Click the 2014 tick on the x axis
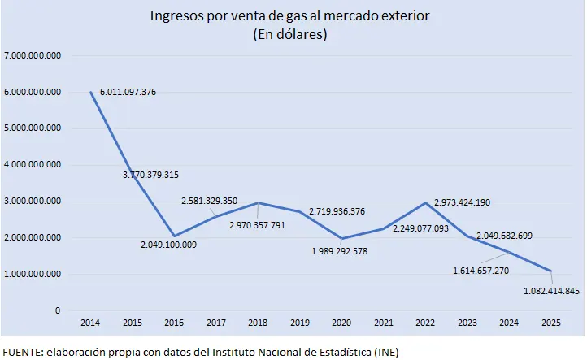point(89,323)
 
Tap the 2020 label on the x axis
point(341,323)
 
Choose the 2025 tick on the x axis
point(550,323)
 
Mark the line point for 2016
point(173,236)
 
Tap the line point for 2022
point(424,202)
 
